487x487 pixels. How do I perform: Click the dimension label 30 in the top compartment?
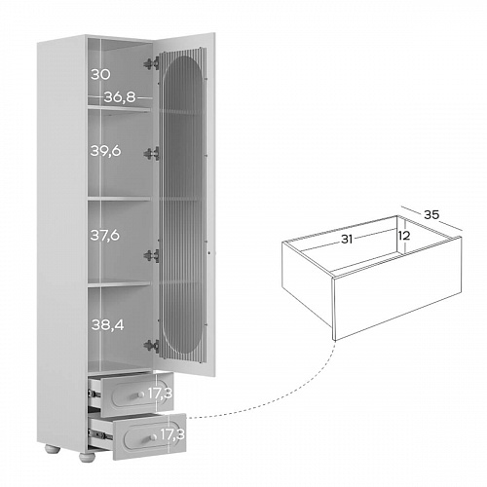(x=100, y=75)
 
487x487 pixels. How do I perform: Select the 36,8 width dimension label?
(x=120, y=97)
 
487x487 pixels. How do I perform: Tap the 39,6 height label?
(x=105, y=151)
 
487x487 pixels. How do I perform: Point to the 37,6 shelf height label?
(x=105, y=235)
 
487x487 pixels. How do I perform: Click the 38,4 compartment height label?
(x=107, y=324)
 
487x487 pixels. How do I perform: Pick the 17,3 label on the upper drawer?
(x=160, y=393)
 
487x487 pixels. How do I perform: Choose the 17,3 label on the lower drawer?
(x=172, y=434)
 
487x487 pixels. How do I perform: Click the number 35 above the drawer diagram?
(x=431, y=214)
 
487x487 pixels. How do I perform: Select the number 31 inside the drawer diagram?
(x=347, y=240)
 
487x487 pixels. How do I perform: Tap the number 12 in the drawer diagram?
(x=404, y=236)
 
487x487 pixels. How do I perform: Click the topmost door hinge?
(x=151, y=63)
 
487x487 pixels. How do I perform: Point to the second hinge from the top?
(x=151, y=153)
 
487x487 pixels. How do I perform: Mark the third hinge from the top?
(x=151, y=256)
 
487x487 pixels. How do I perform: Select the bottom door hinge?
(x=151, y=346)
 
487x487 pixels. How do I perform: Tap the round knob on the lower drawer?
(x=153, y=437)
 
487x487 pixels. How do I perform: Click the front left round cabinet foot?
(x=87, y=458)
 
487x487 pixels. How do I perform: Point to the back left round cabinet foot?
(x=53, y=449)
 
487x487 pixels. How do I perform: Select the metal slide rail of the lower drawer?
(x=99, y=434)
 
